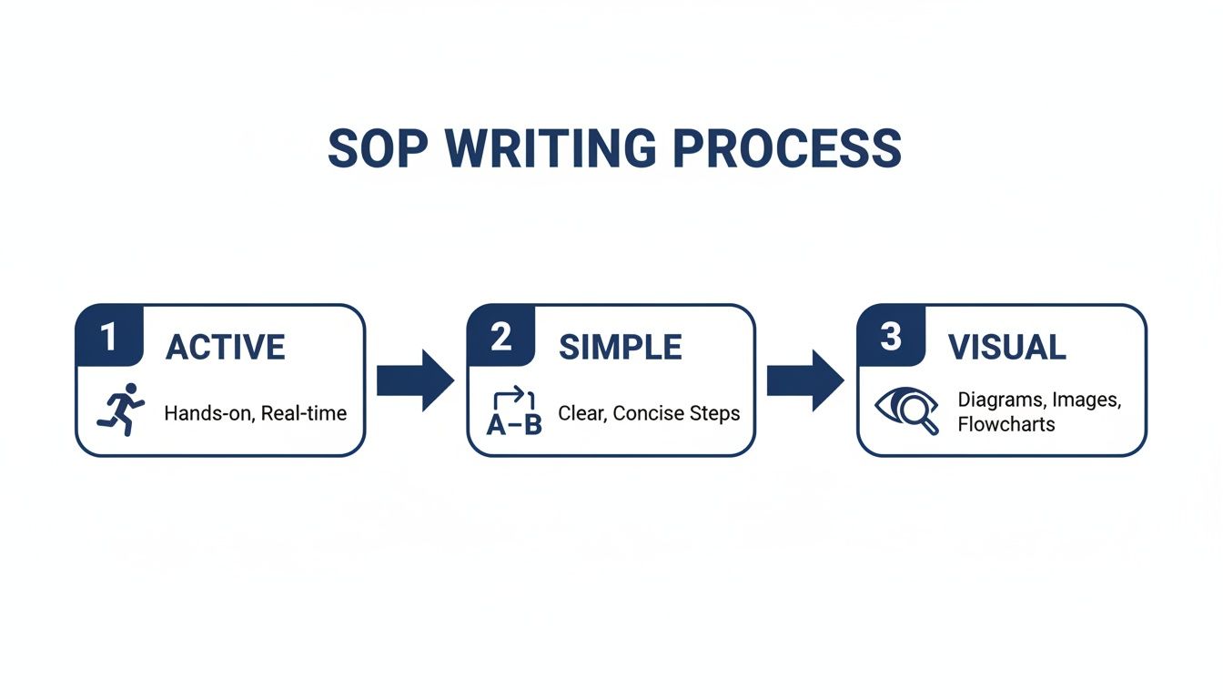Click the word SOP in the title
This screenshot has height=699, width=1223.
(374, 148)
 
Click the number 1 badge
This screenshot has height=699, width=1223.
(109, 337)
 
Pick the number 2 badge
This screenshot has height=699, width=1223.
(500, 337)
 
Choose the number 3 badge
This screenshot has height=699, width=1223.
(891, 337)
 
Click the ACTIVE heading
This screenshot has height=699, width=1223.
(225, 348)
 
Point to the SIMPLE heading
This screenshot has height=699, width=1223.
(620, 348)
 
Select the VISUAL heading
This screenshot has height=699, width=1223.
(1006, 348)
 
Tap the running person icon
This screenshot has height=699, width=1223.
(121, 409)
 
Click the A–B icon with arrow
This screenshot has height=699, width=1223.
(514, 411)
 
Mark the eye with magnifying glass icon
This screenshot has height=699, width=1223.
(905, 411)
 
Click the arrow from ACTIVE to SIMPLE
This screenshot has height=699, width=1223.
(414, 380)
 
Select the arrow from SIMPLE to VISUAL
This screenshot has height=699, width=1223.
(804, 380)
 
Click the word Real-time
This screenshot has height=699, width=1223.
(303, 413)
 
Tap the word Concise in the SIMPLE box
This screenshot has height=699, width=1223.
(650, 413)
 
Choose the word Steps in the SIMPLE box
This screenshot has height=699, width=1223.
(716, 413)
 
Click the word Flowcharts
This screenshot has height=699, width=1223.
(1006, 424)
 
